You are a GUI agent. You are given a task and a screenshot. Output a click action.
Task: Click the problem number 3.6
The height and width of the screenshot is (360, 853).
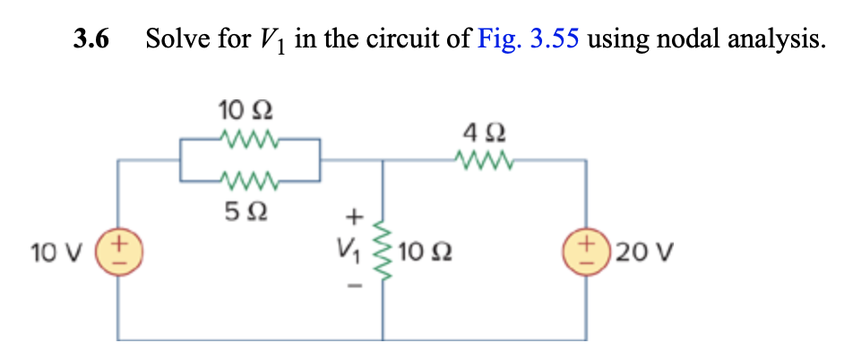[x=92, y=40]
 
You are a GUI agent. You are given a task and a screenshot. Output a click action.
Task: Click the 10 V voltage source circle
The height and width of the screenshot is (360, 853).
[x=122, y=248]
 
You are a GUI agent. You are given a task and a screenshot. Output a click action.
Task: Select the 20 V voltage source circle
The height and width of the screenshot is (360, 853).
[x=587, y=248]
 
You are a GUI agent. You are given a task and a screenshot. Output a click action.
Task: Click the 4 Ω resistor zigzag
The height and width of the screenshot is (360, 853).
[x=485, y=162]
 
